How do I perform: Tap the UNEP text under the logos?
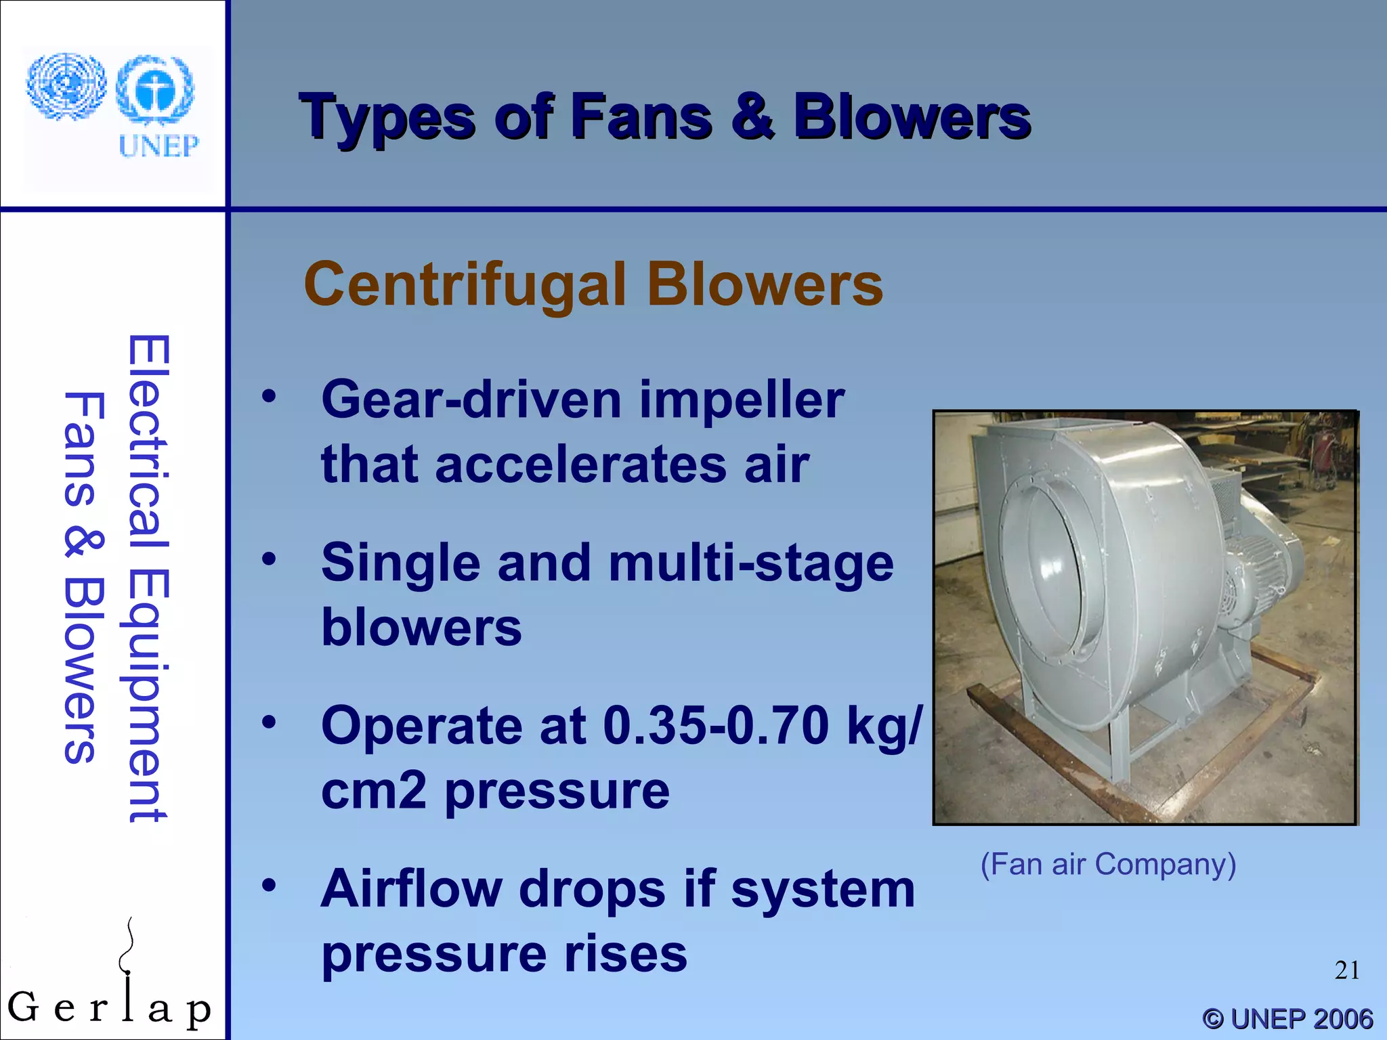click(158, 146)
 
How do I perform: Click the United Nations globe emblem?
click(66, 86)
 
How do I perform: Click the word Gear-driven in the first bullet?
click(471, 399)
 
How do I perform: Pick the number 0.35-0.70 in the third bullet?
click(715, 726)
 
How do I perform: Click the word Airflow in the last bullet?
click(410, 889)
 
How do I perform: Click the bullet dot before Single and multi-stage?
click(270, 559)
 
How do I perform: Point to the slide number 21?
click(1346, 970)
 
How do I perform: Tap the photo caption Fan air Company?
click(1108, 865)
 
